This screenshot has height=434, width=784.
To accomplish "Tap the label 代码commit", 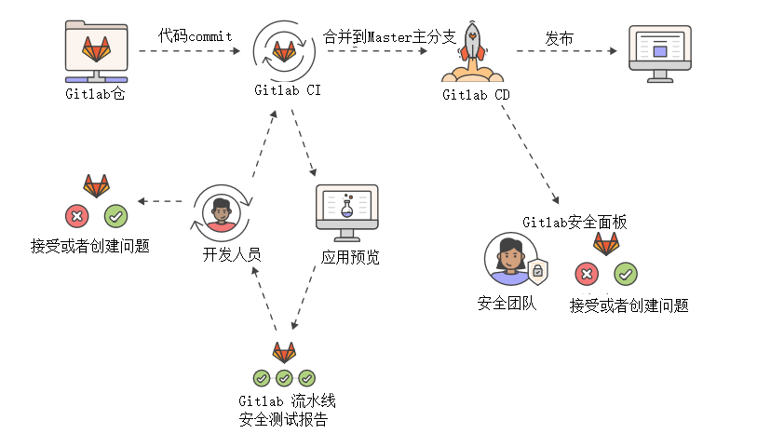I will [x=195, y=35].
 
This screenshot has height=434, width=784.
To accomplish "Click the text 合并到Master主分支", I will [x=389, y=36].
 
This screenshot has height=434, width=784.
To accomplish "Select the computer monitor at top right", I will [x=660, y=52].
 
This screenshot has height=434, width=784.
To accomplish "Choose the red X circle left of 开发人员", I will [x=76, y=217].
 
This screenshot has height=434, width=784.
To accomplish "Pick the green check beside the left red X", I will [x=115, y=217].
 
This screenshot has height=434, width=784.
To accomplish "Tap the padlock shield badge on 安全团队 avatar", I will [x=536, y=273].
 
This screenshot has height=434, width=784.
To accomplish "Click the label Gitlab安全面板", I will [x=574, y=222].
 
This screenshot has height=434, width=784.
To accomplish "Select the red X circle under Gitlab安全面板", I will [x=587, y=274].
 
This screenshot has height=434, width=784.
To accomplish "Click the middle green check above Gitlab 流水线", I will [x=284, y=378].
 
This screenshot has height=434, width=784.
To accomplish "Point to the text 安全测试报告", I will [x=283, y=419].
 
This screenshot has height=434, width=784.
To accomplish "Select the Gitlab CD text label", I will [x=476, y=95].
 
